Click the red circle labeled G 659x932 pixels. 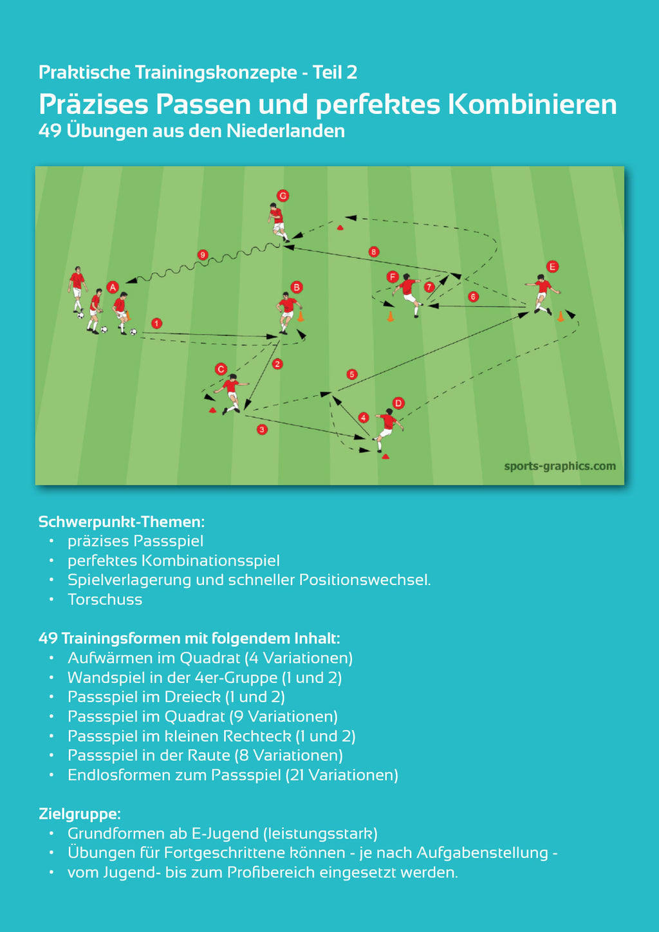[283, 196]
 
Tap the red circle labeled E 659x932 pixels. [553, 266]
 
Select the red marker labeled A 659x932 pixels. [113, 287]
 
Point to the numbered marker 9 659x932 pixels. [203, 255]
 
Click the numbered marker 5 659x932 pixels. [352, 374]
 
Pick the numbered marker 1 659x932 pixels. [156, 323]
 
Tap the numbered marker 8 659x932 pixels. [374, 252]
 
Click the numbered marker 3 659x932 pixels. [262, 429]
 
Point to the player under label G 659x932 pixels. [278, 223]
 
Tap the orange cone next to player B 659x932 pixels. [301, 316]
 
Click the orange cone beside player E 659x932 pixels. [561, 317]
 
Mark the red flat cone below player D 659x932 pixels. [385, 456]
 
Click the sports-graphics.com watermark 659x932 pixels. [560, 466]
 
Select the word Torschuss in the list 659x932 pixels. [105, 600]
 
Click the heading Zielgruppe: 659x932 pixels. [80, 814]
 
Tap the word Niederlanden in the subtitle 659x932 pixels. [286, 131]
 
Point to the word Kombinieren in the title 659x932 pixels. [532, 104]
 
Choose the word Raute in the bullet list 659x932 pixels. [210, 755]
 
